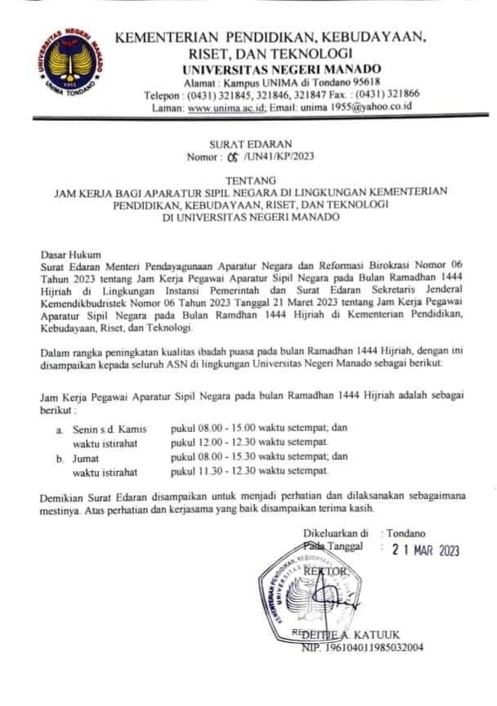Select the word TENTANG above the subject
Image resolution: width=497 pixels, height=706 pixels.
(x=248, y=180)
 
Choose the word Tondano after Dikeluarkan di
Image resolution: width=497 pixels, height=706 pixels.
(x=408, y=533)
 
